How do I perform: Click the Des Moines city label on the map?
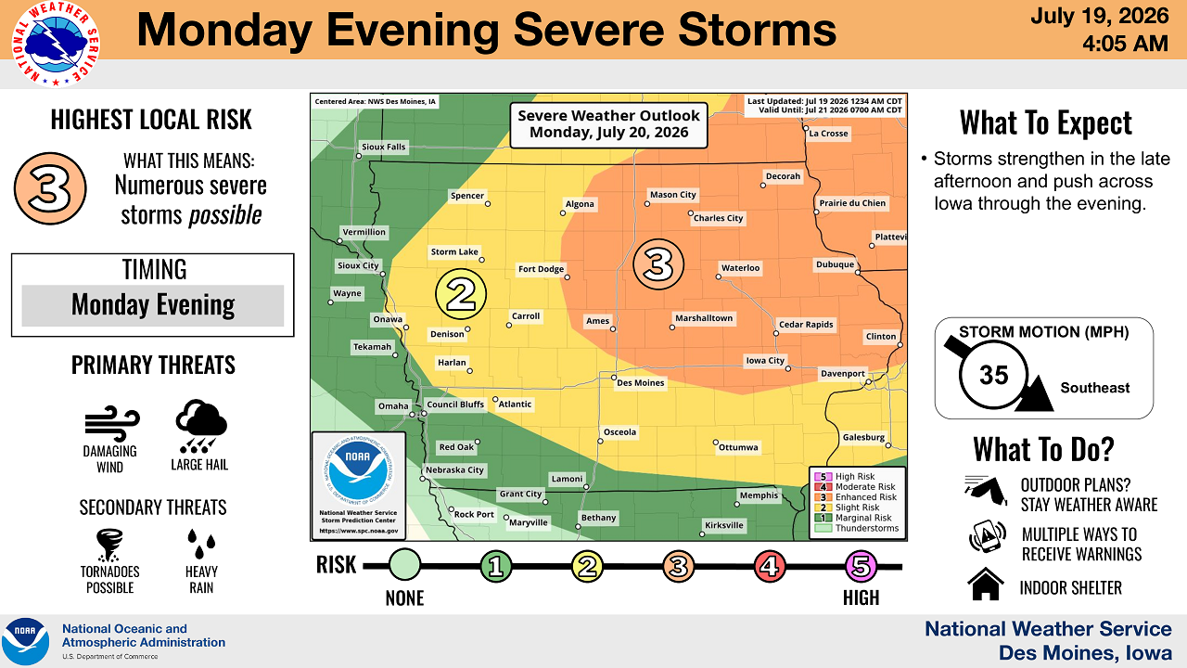(x=640, y=383)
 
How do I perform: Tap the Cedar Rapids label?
(x=806, y=325)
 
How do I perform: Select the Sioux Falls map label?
(x=383, y=147)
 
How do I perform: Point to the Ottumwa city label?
(x=738, y=447)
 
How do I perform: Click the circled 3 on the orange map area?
(x=658, y=264)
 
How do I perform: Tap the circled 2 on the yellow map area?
(x=461, y=294)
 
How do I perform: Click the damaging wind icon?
(x=112, y=424)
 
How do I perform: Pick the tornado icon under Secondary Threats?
(x=109, y=545)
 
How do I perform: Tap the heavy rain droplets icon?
(x=201, y=544)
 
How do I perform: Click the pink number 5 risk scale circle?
(x=862, y=566)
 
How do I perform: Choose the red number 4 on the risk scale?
(x=770, y=566)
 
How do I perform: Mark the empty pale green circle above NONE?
(x=405, y=565)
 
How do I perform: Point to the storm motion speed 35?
(x=993, y=375)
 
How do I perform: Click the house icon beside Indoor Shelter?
(x=986, y=584)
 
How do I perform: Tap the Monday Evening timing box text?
(x=153, y=305)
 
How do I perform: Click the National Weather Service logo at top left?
(x=56, y=44)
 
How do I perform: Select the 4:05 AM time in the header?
(x=1125, y=44)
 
